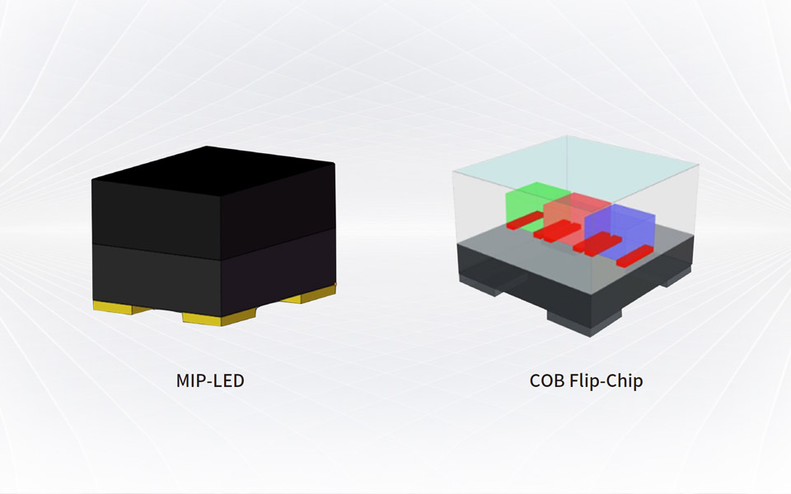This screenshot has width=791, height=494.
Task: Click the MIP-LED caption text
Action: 210,382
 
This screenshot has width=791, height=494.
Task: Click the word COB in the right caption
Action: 546,382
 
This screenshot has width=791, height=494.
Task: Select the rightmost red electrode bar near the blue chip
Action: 634,258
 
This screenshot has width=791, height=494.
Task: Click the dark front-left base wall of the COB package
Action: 511,280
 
